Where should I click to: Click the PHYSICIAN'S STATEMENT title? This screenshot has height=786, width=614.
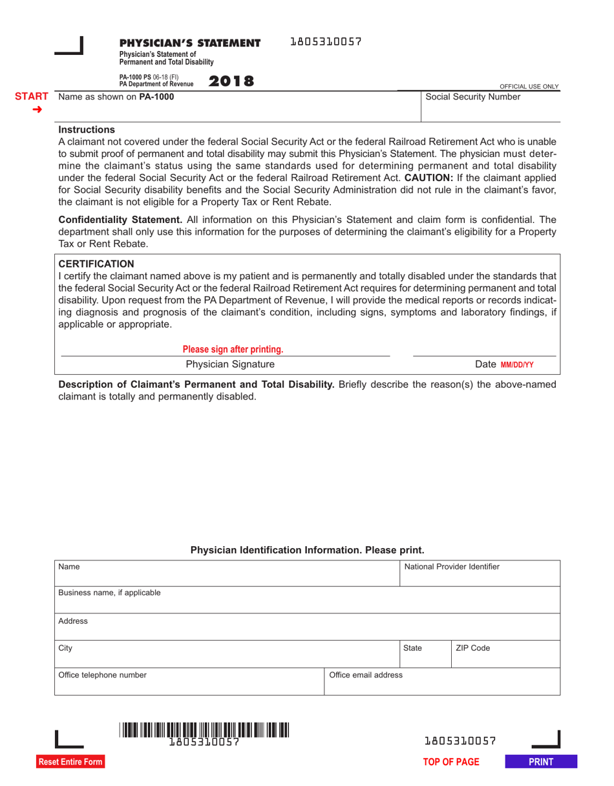(x=189, y=43)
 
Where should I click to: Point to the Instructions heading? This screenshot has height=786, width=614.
(x=87, y=130)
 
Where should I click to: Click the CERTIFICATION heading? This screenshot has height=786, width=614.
(x=96, y=264)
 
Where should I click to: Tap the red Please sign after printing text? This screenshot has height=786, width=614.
(x=233, y=350)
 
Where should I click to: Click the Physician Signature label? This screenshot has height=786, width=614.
(x=225, y=365)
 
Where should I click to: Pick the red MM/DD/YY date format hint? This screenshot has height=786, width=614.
(x=516, y=365)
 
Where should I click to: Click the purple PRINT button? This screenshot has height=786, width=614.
(x=541, y=762)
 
